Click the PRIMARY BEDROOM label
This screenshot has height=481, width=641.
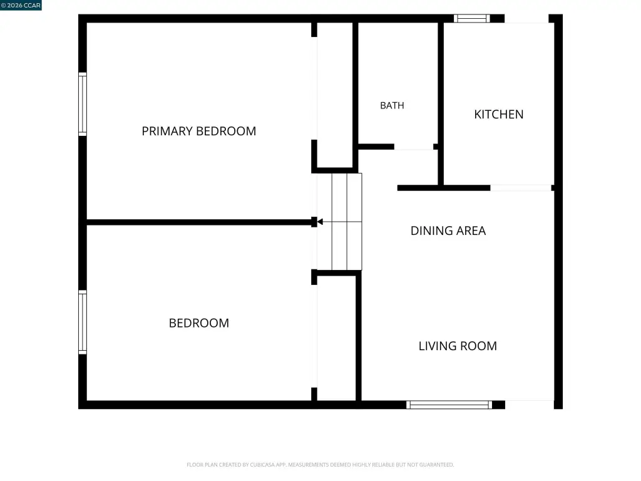point(198,131)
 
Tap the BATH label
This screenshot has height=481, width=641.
point(392,105)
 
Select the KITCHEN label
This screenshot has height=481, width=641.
point(499,114)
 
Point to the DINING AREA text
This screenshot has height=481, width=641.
point(448,230)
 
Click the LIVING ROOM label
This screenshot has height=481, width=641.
point(458,346)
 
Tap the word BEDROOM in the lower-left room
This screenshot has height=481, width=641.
point(198,323)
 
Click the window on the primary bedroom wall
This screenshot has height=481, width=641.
point(83,104)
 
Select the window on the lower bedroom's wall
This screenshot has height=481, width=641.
point(83,323)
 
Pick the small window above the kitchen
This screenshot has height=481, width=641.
point(472,18)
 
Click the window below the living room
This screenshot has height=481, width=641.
point(449,405)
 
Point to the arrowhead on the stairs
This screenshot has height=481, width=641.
point(320,222)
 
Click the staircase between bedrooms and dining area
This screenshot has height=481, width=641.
point(339,222)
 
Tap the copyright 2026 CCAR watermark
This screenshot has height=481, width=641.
point(21,5)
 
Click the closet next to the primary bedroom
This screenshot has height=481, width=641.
point(335,95)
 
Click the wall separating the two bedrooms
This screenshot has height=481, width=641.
point(200,222)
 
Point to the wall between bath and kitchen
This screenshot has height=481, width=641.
point(441,104)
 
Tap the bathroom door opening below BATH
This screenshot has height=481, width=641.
point(414,147)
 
